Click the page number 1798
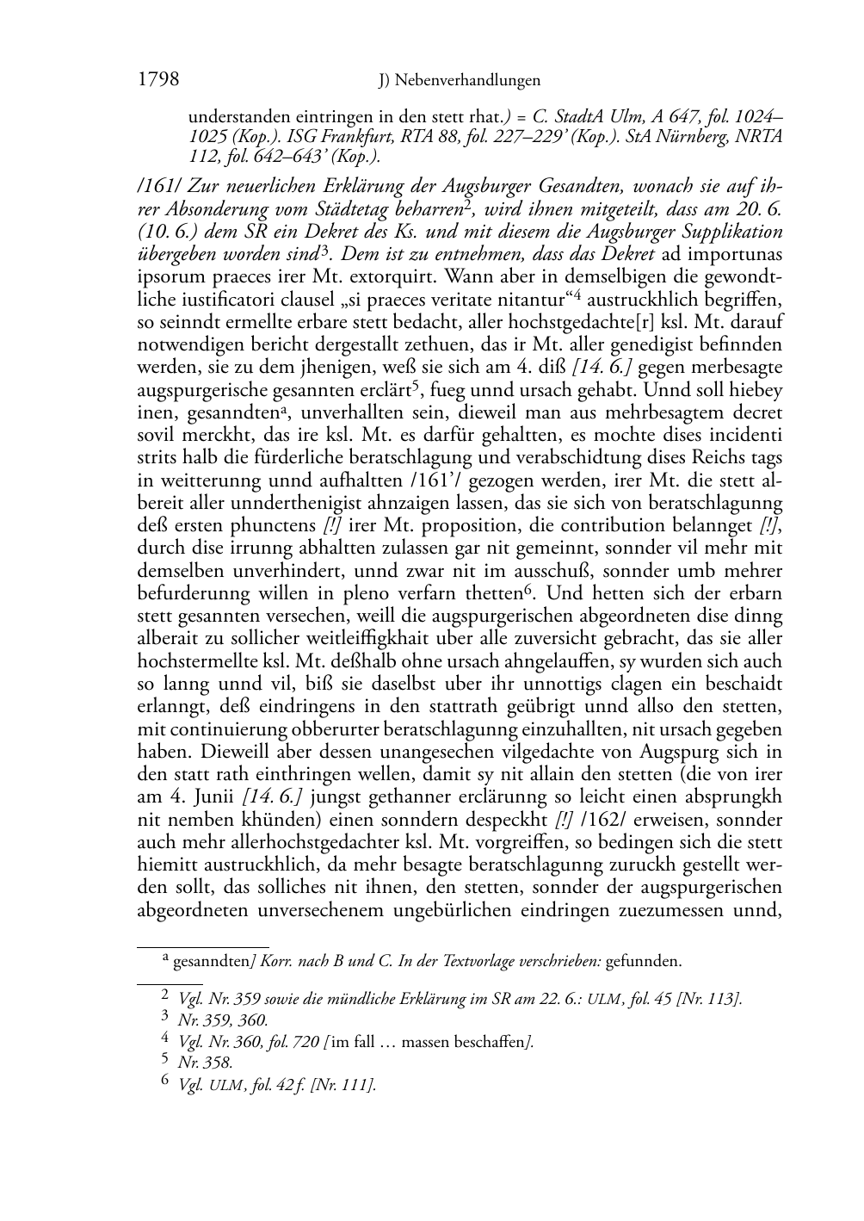click(x=158, y=79)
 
